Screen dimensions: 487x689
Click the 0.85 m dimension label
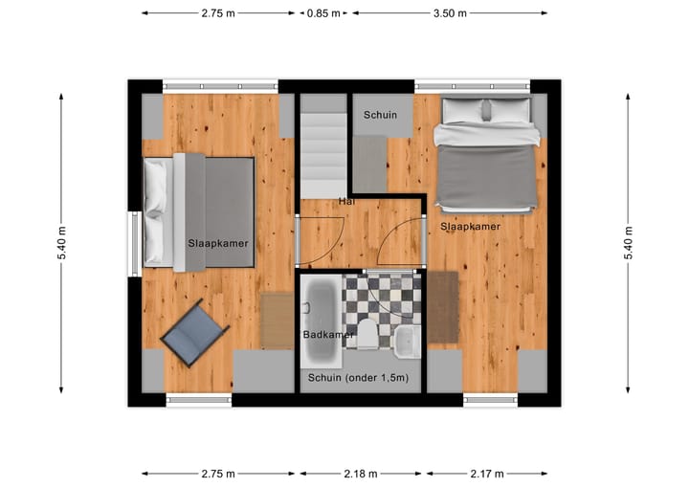click(x=322, y=13)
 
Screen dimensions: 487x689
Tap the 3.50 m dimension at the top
click(x=449, y=13)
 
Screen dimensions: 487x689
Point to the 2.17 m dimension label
click(x=486, y=474)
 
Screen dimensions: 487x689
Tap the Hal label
click(x=345, y=202)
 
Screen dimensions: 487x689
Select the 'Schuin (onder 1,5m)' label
click(x=358, y=378)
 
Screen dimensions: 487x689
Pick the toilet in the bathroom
click(x=368, y=333)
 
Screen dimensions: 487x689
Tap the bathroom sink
click(x=407, y=338)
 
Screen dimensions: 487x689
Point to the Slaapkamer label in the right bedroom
click(x=470, y=227)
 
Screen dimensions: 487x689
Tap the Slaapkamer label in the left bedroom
click(x=218, y=244)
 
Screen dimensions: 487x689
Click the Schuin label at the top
click(x=380, y=115)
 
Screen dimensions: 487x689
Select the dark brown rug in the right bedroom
click(x=442, y=307)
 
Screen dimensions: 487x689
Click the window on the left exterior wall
click(x=135, y=242)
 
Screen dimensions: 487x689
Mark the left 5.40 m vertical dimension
click(x=62, y=242)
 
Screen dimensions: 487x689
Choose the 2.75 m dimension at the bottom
click(x=218, y=474)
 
